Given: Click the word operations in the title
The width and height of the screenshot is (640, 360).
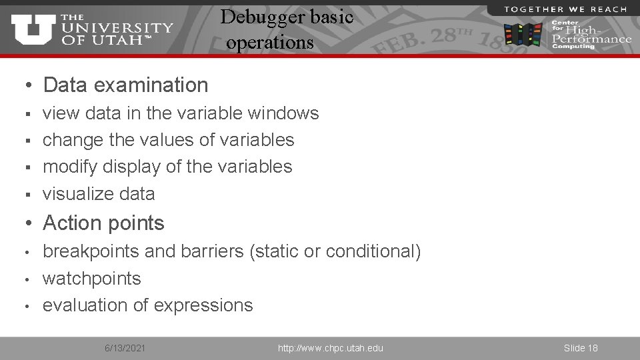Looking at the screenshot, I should (x=269, y=42).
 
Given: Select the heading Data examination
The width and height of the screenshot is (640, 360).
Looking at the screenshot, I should (x=125, y=85).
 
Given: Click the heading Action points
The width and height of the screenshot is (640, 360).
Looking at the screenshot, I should (x=103, y=223).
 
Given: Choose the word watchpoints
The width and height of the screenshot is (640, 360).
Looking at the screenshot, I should (x=92, y=278).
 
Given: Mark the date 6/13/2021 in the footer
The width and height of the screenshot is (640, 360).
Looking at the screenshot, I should (x=127, y=348).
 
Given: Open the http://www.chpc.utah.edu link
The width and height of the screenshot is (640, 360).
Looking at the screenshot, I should (x=330, y=348).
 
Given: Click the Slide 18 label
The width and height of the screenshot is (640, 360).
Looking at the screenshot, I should (x=580, y=348).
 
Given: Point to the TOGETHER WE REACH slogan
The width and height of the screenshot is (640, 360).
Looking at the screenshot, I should (x=565, y=9).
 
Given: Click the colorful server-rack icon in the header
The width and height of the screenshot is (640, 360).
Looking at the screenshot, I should (x=523, y=34).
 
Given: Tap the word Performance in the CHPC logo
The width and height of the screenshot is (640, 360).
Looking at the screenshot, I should (x=591, y=39).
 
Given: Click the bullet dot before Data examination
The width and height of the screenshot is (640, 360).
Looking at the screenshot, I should (x=28, y=85).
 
